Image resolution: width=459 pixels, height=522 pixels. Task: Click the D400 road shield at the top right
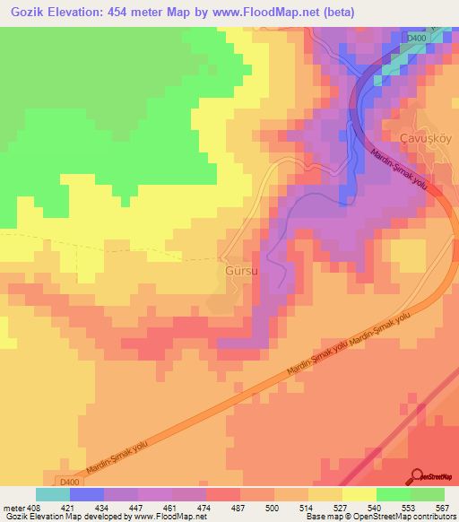(x=415, y=39)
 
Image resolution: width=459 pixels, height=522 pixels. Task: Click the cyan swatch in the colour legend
(x=53, y=494)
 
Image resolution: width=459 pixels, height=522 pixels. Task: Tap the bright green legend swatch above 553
(x=393, y=494)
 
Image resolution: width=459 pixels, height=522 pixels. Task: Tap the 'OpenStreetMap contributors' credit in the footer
(x=404, y=517)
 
